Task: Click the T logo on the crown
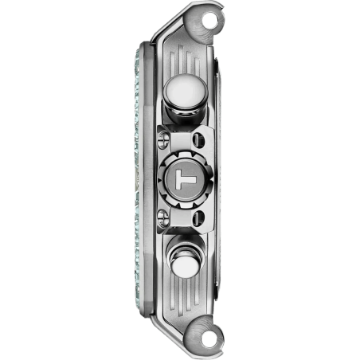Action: [186, 180]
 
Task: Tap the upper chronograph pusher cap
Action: [186, 91]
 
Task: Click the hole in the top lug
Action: [209, 19]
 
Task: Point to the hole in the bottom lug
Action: [209, 340]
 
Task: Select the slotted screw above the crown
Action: [163, 139]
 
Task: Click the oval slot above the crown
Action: [198, 139]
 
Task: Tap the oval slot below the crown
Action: [198, 218]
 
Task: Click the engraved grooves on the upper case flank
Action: [185, 61]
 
